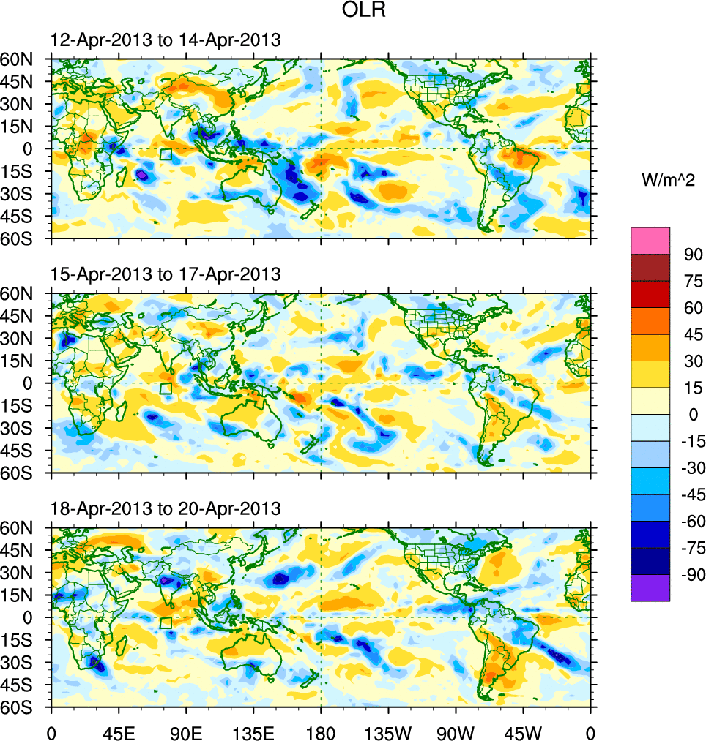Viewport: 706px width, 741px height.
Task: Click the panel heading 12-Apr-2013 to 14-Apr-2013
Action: click(165, 41)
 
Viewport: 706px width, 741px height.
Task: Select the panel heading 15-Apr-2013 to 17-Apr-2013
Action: click(165, 275)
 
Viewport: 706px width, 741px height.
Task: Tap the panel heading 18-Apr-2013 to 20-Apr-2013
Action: click(165, 509)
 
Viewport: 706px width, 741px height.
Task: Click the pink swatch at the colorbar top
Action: click(650, 241)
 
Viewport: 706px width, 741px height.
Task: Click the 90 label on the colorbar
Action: click(691, 255)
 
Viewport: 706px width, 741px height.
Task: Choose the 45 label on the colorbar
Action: click(691, 335)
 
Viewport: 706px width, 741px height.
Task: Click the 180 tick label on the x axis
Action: click(321, 731)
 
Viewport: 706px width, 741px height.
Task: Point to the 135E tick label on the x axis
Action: click(253, 731)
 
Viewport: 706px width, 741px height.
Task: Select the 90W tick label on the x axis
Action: click(456, 731)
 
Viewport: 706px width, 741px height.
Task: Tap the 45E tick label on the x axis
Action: click(119, 731)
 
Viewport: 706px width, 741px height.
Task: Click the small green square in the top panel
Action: click(166, 154)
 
